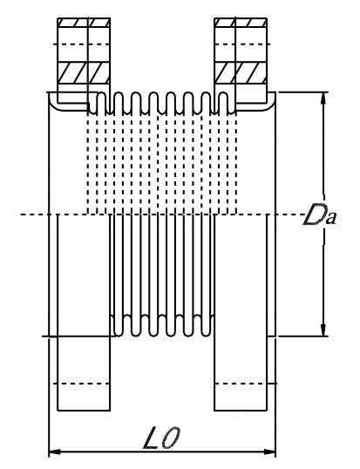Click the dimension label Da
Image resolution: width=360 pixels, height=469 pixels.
click(320, 214)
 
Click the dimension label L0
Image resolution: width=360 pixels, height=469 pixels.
click(162, 438)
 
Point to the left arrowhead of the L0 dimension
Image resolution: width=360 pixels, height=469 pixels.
click(55, 452)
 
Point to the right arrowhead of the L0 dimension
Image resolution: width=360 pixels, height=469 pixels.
click(269, 452)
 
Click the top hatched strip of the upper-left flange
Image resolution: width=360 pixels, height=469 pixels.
click(84, 23)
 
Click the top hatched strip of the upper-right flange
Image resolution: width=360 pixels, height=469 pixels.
click(241, 23)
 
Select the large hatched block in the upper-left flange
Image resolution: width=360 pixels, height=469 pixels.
click(84, 72)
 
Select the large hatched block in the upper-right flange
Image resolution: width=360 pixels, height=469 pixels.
click(241, 72)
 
